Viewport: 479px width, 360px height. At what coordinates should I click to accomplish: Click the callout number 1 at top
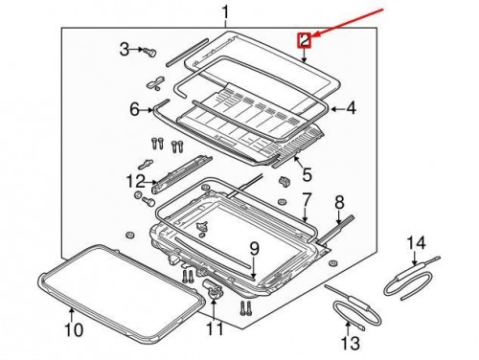pyautogui.click(x=225, y=13)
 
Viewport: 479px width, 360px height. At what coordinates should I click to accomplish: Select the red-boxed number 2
pyautogui.click(x=305, y=40)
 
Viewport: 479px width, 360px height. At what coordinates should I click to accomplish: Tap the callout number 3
pyautogui.click(x=125, y=50)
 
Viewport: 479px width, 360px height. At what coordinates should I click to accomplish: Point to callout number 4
pyautogui.click(x=351, y=109)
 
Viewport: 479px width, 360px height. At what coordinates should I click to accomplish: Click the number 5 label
pyautogui.click(x=308, y=174)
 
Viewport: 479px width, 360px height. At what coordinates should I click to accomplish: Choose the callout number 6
pyautogui.click(x=135, y=110)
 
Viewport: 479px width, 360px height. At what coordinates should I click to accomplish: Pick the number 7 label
pyautogui.click(x=306, y=199)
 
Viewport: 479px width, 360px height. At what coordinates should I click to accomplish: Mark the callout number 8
pyautogui.click(x=339, y=202)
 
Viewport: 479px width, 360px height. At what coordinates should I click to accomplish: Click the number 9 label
pyautogui.click(x=254, y=249)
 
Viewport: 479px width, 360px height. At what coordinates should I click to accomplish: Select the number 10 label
pyautogui.click(x=74, y=329)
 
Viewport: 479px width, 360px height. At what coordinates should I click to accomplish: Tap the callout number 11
pyautogui.click(x=215, y=328)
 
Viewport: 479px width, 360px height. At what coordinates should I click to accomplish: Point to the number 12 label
pyautogui.click(x=136, y=182)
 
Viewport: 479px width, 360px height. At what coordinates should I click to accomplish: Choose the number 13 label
pyautogui.click(x=350, y=344)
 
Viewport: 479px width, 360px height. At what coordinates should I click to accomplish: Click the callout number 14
pyautogui.click(x=416, y=243)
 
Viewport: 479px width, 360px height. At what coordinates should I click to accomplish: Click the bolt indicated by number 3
pyautogui.click(x=149, y=52)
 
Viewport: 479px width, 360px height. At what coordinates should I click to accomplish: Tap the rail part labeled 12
pyautogui.click(x=181, y=175)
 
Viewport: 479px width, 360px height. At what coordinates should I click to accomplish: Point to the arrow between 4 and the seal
pyautogui.click(x=336, y=109)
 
